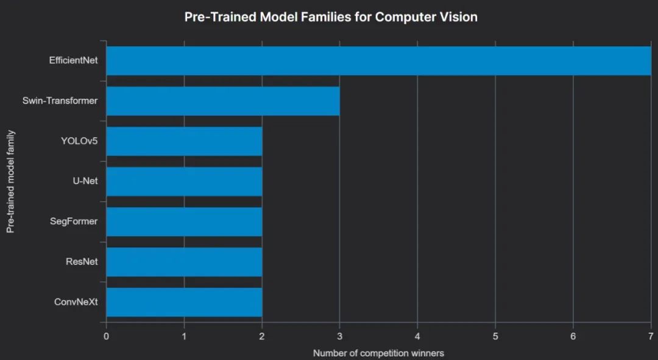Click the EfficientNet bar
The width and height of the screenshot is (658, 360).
click(x=378, y=61)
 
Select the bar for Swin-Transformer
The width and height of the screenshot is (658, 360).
click(x=222, y=101)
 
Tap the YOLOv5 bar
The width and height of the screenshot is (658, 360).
click(x=184, y=141)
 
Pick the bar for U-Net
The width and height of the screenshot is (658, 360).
click(x=184, y=182)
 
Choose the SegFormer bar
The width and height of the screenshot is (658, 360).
click(x=184, y=222)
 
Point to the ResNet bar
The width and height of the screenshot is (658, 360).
click(x=184, y=262)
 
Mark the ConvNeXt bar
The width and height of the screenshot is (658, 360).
click(x=184, y=302)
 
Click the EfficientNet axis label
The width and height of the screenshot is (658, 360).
click(x=73, y=60)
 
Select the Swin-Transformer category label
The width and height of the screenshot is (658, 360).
click(x=60, y=101)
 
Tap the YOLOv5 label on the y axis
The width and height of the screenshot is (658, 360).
click(x=79, y=141)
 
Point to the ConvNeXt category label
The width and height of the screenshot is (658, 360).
click(x=76, y=302)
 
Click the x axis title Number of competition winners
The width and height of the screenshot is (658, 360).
click(x=378, y=353)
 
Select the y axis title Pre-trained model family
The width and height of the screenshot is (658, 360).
click(x=10, y=181)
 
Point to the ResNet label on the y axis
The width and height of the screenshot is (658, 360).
click(x=82, y=261)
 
